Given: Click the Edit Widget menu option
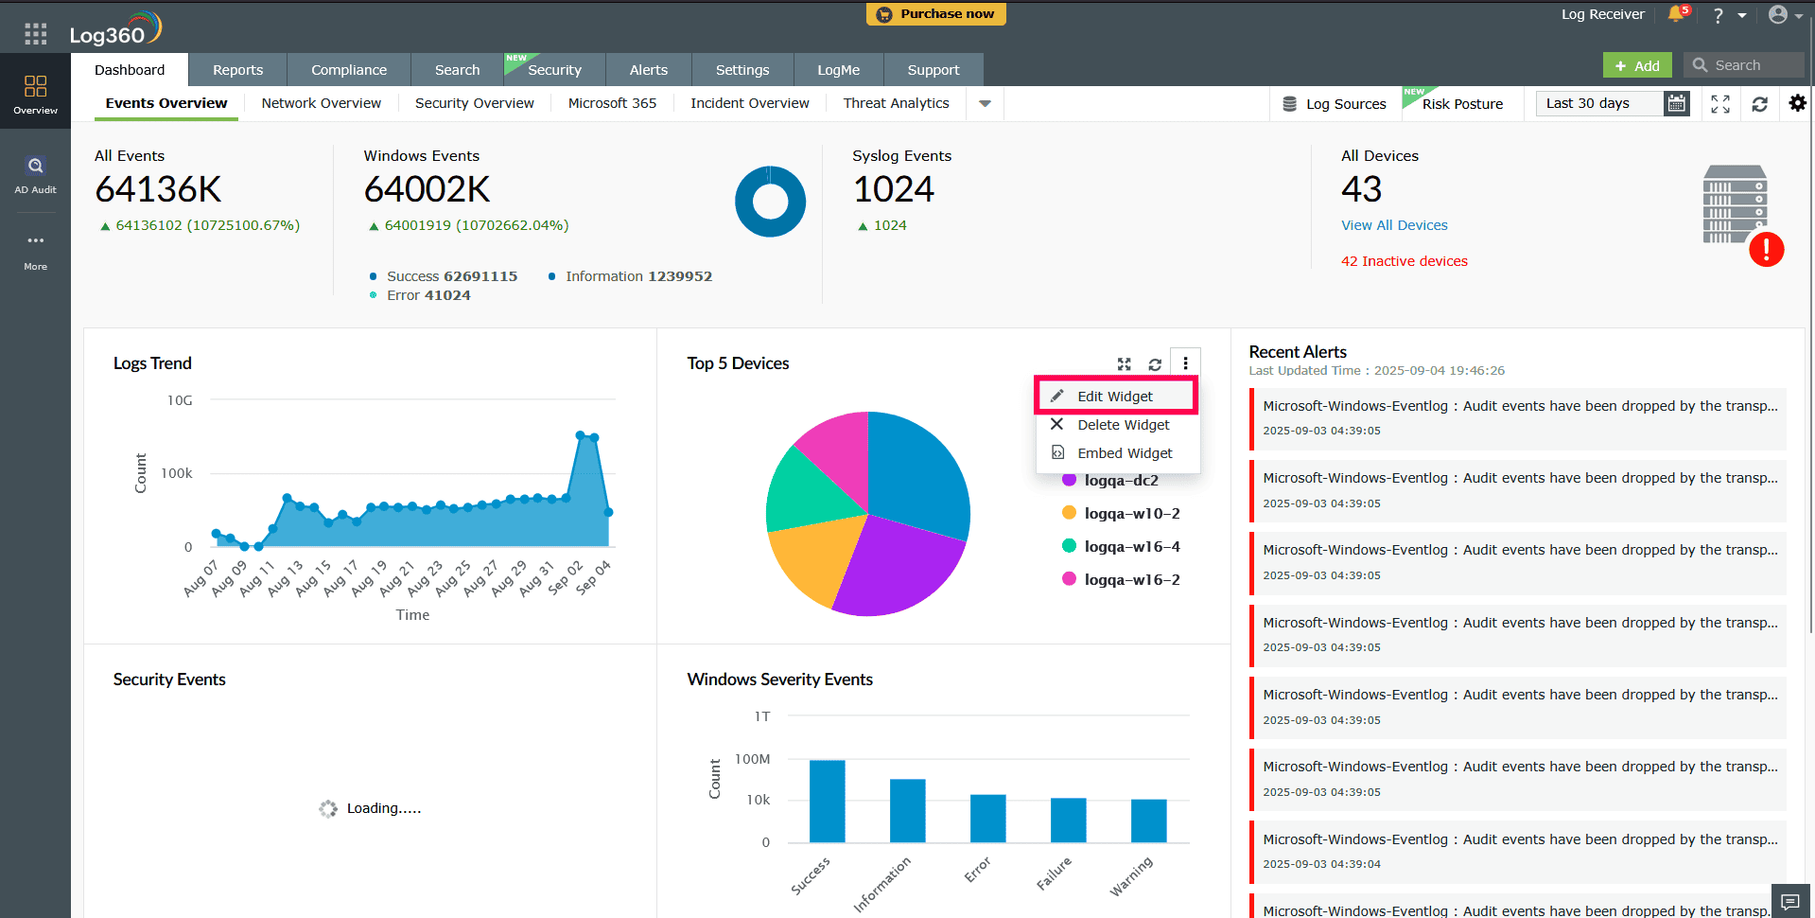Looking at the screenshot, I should (x=1115, y=397).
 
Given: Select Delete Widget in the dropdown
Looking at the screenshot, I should (x=1123, y=425).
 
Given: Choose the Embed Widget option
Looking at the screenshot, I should (x=1124, y=453).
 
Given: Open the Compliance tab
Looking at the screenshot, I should (x=349, y=70).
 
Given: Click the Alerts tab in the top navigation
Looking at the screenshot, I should (x=649, y=70).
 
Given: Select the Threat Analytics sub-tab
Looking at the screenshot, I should (x=896, y=103).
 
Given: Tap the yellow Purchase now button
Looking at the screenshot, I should (x=935, y=14).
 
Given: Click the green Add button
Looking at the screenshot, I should (x=1637, y=65).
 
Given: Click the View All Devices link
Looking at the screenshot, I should (x=1394, y=225).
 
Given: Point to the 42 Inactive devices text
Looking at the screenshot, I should (x=1405, y=261).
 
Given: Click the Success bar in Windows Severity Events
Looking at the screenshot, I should (x=827, y=801).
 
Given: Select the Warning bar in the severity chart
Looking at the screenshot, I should (x=1148, y=821).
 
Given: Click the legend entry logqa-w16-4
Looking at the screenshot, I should (x=1131, y=547).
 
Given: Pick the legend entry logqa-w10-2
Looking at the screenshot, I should (x=1131, y=514).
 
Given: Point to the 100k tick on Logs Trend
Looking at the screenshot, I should (x=177, y=473).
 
